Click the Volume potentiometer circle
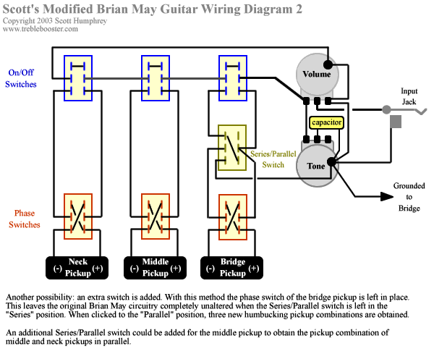[x=316, y=73]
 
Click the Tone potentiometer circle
[x=316, y=165]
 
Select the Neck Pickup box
[x=77, y=266]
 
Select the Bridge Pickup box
[x=232, y=266]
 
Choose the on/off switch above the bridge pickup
[x=232, y=78]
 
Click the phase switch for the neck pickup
[x=77, y=216]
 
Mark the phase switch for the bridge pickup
[x=232, y=216]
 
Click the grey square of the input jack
[x=396, y=122]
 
